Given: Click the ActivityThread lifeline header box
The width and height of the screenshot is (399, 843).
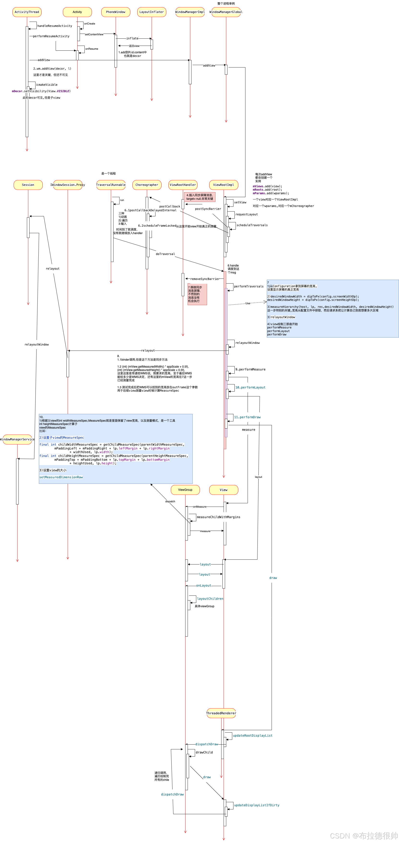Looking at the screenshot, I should pos(27,12).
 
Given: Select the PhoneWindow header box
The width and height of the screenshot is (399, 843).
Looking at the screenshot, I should pos(115,12).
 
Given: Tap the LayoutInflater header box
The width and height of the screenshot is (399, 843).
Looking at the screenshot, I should pos(151,12).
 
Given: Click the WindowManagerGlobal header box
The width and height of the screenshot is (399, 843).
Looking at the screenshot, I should pos(226,12).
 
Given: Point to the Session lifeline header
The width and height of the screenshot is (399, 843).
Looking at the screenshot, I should pos(28,185).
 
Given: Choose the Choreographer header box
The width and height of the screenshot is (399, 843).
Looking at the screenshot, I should pos(147,185).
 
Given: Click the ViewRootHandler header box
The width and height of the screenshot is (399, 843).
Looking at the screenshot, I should pos(183,185).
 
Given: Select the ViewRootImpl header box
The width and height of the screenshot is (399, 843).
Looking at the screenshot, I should pos(224,185).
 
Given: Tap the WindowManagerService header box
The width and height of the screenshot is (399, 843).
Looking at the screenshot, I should pos(17,439).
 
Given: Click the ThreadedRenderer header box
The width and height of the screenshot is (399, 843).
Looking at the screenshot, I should pos(221,713).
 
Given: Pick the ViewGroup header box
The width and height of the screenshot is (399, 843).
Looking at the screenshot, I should pos(185,490).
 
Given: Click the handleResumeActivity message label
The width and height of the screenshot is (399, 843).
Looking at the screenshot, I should pos(55,26).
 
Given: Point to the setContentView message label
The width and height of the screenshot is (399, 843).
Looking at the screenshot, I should pos(94,34).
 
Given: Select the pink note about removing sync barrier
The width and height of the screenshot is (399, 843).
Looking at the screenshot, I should pos(197,294).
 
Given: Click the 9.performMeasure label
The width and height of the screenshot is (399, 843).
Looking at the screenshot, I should pos(250,370).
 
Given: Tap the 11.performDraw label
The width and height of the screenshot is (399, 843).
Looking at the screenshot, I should pos(247,417).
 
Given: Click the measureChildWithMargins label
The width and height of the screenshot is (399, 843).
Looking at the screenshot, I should pos(219,517).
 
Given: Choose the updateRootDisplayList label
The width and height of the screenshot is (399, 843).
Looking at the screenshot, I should pos(252,735).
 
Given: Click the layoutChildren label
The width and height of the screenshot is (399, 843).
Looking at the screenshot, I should pos(210,599).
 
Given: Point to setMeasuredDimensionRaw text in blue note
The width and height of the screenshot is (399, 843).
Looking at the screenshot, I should pos(61,477).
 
